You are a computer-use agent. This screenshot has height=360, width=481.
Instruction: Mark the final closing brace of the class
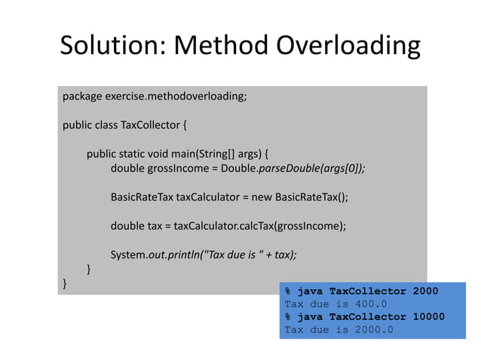coord(65,283)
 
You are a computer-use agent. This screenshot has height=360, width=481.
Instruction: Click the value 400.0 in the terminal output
coord(366,304)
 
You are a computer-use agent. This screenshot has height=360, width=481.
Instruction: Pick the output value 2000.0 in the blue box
coord(370,330)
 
